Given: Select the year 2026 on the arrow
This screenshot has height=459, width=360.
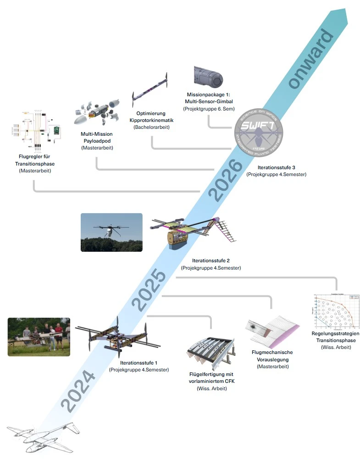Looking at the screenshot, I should coord(225,179).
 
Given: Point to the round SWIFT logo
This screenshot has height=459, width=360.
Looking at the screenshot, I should coord(259,133).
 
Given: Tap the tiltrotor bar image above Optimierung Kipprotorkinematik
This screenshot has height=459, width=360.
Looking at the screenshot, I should coord(150,89).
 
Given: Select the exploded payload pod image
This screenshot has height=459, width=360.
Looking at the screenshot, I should coord(96,111).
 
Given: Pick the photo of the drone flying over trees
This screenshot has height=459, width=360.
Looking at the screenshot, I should coord(111,232).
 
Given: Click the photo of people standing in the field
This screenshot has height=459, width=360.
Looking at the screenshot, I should coord(39,337).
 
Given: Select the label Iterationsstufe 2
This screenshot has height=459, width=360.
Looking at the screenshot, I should coord(211,260).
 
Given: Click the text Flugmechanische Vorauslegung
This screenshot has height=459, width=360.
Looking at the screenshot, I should coord(272,356).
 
